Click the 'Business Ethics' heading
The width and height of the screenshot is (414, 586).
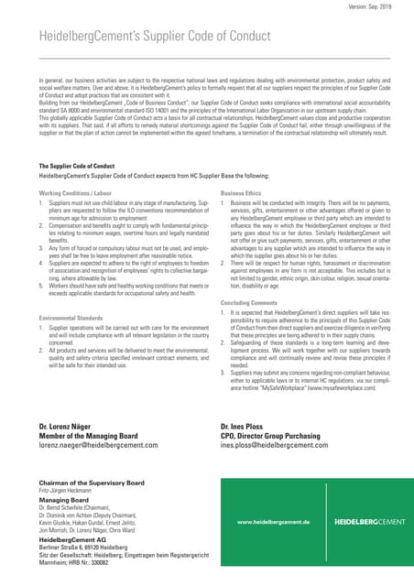pyautogui.click(x=241, y=193)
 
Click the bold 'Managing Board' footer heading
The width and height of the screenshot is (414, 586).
pyautogui.click(x=63, y=500)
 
